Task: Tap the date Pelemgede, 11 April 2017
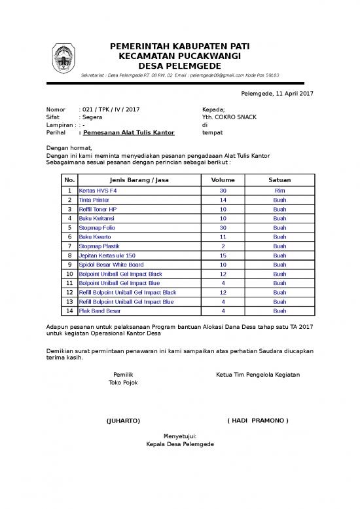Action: click(278, 94)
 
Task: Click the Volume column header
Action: click(223, 179)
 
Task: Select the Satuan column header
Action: click(279, 179)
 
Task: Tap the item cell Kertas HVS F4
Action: click(98, 190)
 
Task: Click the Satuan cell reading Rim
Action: click(279, 190)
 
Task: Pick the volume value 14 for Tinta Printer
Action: click(223, 199)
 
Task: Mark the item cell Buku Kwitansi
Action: click(99, 218)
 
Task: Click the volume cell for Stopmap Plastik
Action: click(223, 246)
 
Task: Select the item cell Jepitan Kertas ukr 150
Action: click(107, 255)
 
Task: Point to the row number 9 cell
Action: click(69, 265)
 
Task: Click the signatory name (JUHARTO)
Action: click(123, 420)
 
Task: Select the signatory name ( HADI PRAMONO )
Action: click(257, 420)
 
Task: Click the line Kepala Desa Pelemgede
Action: click(179, 445)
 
